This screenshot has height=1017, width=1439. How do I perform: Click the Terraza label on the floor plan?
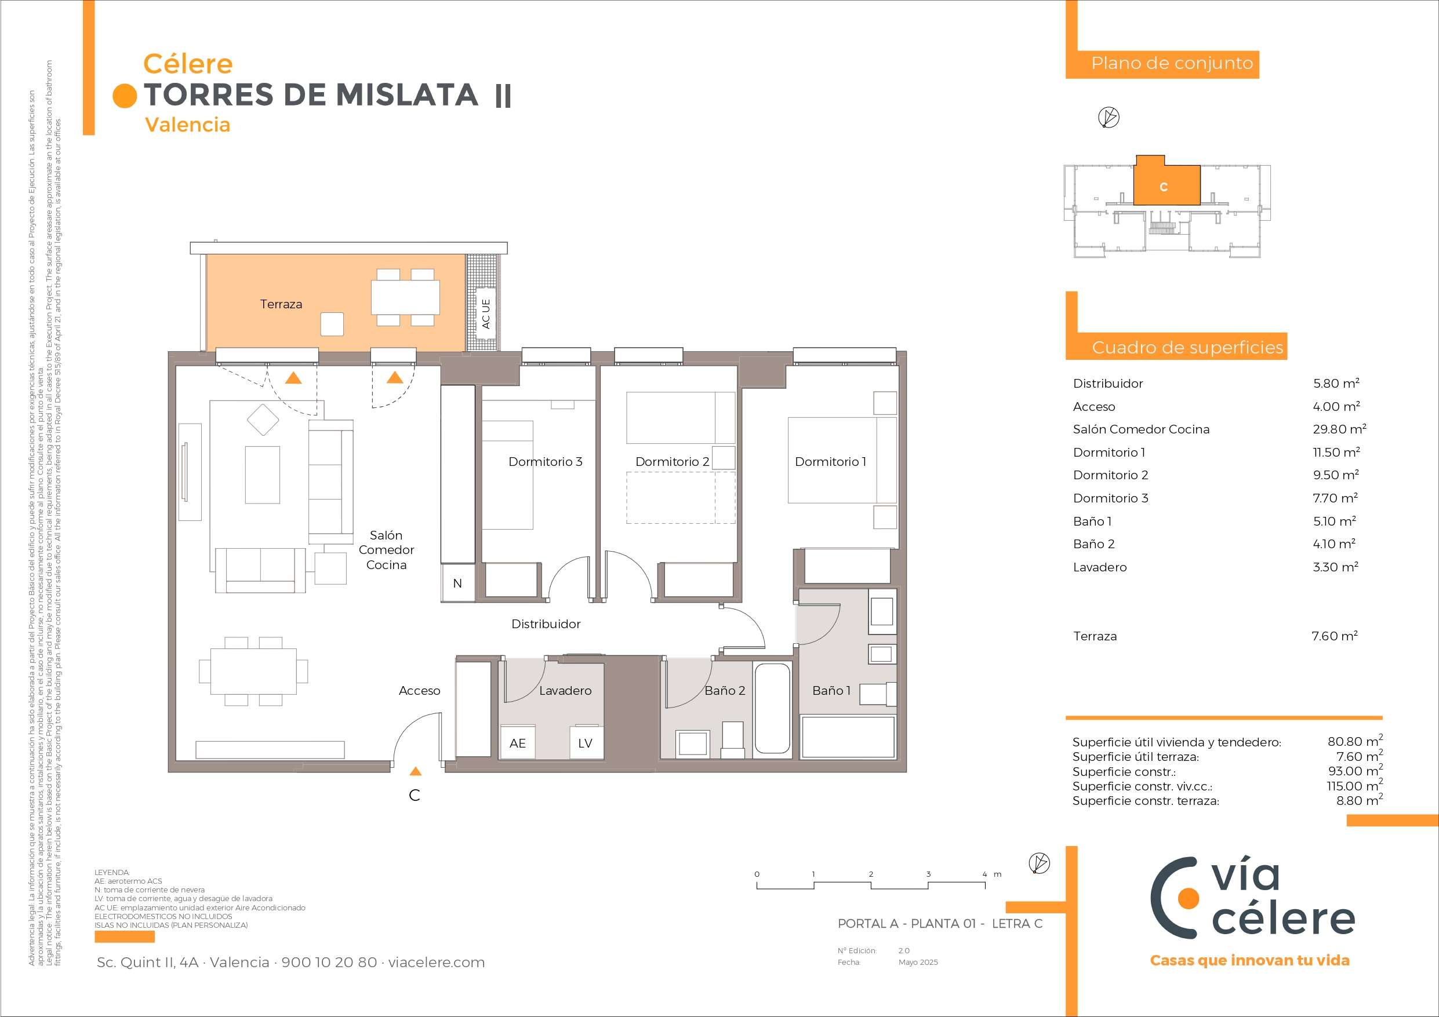coord(281,304)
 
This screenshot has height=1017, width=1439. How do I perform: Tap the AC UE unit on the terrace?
coord(485,314)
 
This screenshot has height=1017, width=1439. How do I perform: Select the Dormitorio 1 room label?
coord(830,462)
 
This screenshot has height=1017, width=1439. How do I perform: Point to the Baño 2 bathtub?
coord(772,708)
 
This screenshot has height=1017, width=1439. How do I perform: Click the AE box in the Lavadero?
coord(518,743)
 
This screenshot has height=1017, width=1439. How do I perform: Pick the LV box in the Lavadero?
coord(586,743)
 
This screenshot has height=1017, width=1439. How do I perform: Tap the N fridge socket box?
coord(457,584)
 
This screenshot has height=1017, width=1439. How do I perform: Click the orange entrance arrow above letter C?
coord(415,771)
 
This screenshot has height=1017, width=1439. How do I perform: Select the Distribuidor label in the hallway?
coord(546,624)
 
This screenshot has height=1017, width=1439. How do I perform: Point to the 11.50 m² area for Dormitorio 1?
coord(1336,453)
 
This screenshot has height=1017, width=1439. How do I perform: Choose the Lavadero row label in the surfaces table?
coord(1099,567)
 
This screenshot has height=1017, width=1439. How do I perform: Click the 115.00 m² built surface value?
coord(1355,785)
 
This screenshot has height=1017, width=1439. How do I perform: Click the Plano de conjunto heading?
coord(1172,63)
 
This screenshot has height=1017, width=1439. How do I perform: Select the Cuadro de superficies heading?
coord(1188,348)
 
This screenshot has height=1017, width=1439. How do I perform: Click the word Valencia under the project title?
coord(187,125)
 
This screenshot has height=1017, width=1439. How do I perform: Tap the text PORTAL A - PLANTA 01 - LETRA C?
coord(940,924)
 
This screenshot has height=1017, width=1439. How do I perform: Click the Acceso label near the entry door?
coord(419,691)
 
